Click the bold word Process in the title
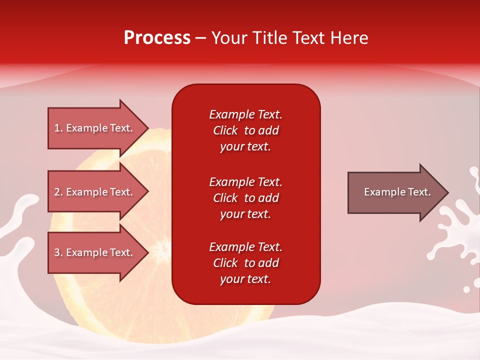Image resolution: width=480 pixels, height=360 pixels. click(157, 38)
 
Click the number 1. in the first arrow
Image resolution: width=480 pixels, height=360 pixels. click(58, 128)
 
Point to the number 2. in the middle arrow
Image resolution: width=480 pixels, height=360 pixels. click(58, 192)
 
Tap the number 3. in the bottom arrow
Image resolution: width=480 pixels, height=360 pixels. click(58, 252)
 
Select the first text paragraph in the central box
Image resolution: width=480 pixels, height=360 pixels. click(245, 130)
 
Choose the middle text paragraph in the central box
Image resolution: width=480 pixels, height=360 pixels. click(245, 198)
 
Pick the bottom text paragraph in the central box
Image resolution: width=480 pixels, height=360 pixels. click(245, 263)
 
